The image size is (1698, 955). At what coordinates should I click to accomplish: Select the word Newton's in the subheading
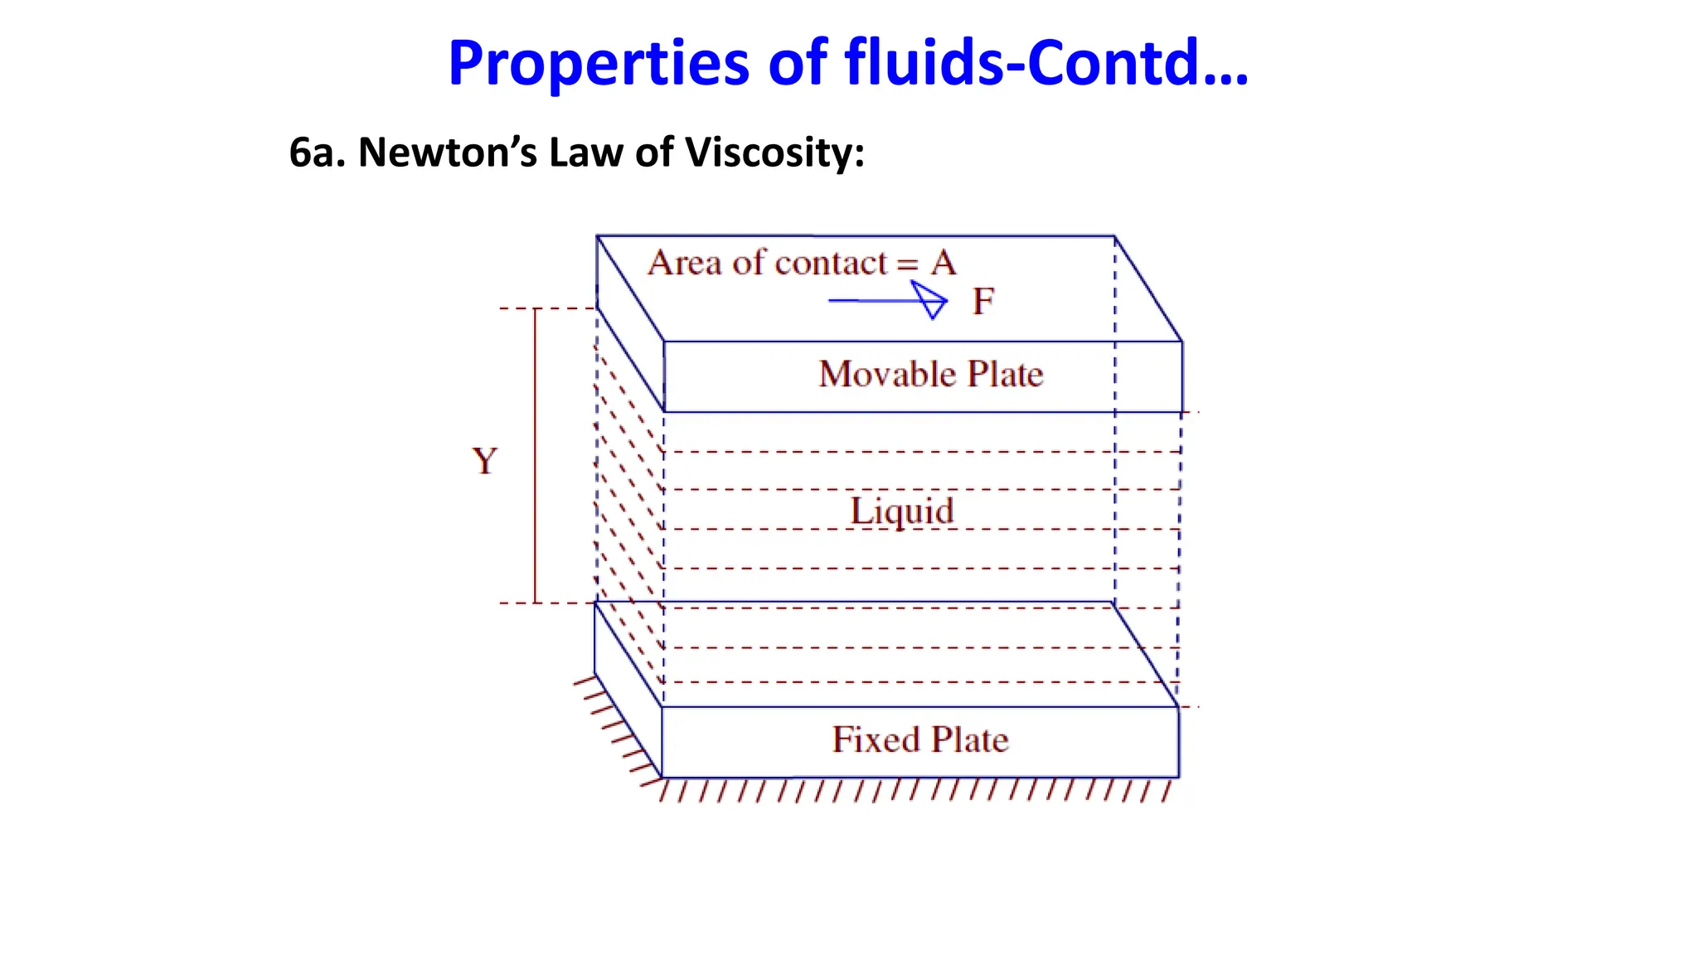point(448,153)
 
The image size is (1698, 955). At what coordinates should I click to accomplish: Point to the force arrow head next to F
point(932,300)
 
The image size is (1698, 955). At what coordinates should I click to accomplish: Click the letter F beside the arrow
point(983,302)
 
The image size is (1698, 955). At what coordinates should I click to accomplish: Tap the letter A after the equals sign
point(944,264)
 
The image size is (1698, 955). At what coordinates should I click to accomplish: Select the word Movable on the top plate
point(887,374)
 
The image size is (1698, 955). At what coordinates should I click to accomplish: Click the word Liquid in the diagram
point(902,511)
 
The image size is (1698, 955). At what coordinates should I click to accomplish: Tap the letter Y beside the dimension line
point(485,461)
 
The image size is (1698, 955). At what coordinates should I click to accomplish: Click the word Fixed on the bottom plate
point(876,739)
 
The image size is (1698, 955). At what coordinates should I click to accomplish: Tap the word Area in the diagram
point(685,264)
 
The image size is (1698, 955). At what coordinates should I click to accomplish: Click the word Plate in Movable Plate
point(1005,374)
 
